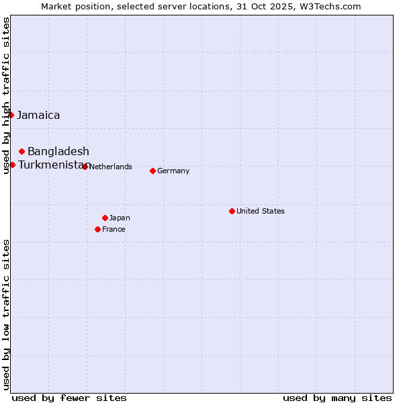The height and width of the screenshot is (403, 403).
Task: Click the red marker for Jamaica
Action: [x=11, y=115]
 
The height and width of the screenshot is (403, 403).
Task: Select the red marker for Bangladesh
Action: [x=22, y=151]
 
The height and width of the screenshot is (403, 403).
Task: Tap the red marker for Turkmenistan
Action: [x=12, y=165]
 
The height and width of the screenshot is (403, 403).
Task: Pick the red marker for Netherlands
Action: [x=85, y=167]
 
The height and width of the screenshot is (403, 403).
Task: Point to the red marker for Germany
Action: [x=152, y=171]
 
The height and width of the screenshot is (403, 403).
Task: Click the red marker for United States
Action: [x=232, y=211]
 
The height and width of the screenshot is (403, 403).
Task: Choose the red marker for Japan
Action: [x=105, y=218]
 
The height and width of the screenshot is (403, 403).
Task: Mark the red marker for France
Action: [x=98, y=229]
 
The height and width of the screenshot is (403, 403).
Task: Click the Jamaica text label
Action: [x=38, y=115]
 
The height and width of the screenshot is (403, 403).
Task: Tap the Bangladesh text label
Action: [x=58, y=151]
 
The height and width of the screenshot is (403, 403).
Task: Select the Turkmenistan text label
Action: [x=53, y=165]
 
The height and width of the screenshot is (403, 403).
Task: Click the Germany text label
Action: [x=173, y=171]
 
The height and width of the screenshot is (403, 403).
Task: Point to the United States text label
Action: [x=261, y=211]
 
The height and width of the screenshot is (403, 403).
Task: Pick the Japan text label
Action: [x=120, y=218]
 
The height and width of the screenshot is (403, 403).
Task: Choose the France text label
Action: [x=114, y=229]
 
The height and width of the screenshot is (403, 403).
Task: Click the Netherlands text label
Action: [x=110, y=167]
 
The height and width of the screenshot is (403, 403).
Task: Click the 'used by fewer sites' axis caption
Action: [x=69, y=398]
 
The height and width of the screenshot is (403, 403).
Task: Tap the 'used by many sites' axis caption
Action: [x=337, y=398]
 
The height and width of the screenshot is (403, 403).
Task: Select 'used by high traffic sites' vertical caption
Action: [x=6, y=95]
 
